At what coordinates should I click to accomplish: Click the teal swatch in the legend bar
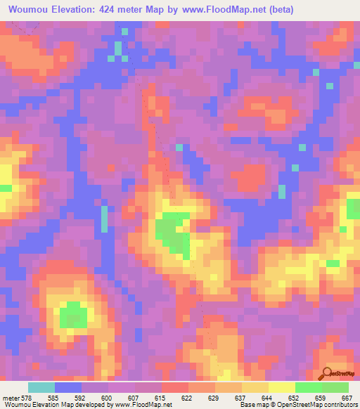[41, 387]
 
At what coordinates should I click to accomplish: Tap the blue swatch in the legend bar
[68, 387]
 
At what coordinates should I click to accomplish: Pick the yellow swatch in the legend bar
[282, 387]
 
